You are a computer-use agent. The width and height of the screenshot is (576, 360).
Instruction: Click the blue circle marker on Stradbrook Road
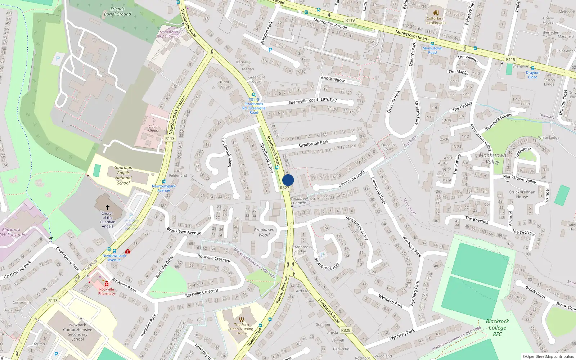coord(288,180)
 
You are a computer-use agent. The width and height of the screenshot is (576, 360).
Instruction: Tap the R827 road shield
coord(284,188)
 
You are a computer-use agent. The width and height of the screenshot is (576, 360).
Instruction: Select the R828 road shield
coord(346,330)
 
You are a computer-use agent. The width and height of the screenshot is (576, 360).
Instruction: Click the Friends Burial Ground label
coord(117,12)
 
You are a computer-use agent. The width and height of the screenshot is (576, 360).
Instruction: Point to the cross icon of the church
coord(107,207)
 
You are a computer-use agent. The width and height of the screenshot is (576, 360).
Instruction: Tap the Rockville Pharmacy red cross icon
coord(107,284)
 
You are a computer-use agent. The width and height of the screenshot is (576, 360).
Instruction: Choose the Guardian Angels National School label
coord(123,175)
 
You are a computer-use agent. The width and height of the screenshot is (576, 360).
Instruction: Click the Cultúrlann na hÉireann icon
coord(436,13)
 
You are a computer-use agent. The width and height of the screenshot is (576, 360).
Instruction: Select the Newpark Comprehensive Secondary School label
coord(77,332)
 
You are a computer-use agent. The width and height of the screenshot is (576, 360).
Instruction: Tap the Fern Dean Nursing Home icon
coord(242,319)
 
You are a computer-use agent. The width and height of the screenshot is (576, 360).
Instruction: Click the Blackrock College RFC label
coord(497,328)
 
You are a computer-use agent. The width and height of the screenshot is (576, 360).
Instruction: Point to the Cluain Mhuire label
coord(153,129)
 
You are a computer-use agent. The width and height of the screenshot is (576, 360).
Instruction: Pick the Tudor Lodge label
coord(224,84)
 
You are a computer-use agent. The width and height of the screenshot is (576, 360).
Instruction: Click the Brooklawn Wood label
coord(264,232)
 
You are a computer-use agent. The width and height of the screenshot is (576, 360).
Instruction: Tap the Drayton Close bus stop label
coord(532,75)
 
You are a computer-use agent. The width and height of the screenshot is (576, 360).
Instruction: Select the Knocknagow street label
coord(333,79)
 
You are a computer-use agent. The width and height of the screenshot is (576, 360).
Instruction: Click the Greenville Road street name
coord(303,102)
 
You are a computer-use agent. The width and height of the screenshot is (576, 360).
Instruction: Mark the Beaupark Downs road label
coord(498,122)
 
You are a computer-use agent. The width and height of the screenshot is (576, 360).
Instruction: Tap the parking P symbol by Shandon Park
coord(270,50)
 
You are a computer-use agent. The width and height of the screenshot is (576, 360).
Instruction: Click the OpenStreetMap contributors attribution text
coord(548,357)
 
